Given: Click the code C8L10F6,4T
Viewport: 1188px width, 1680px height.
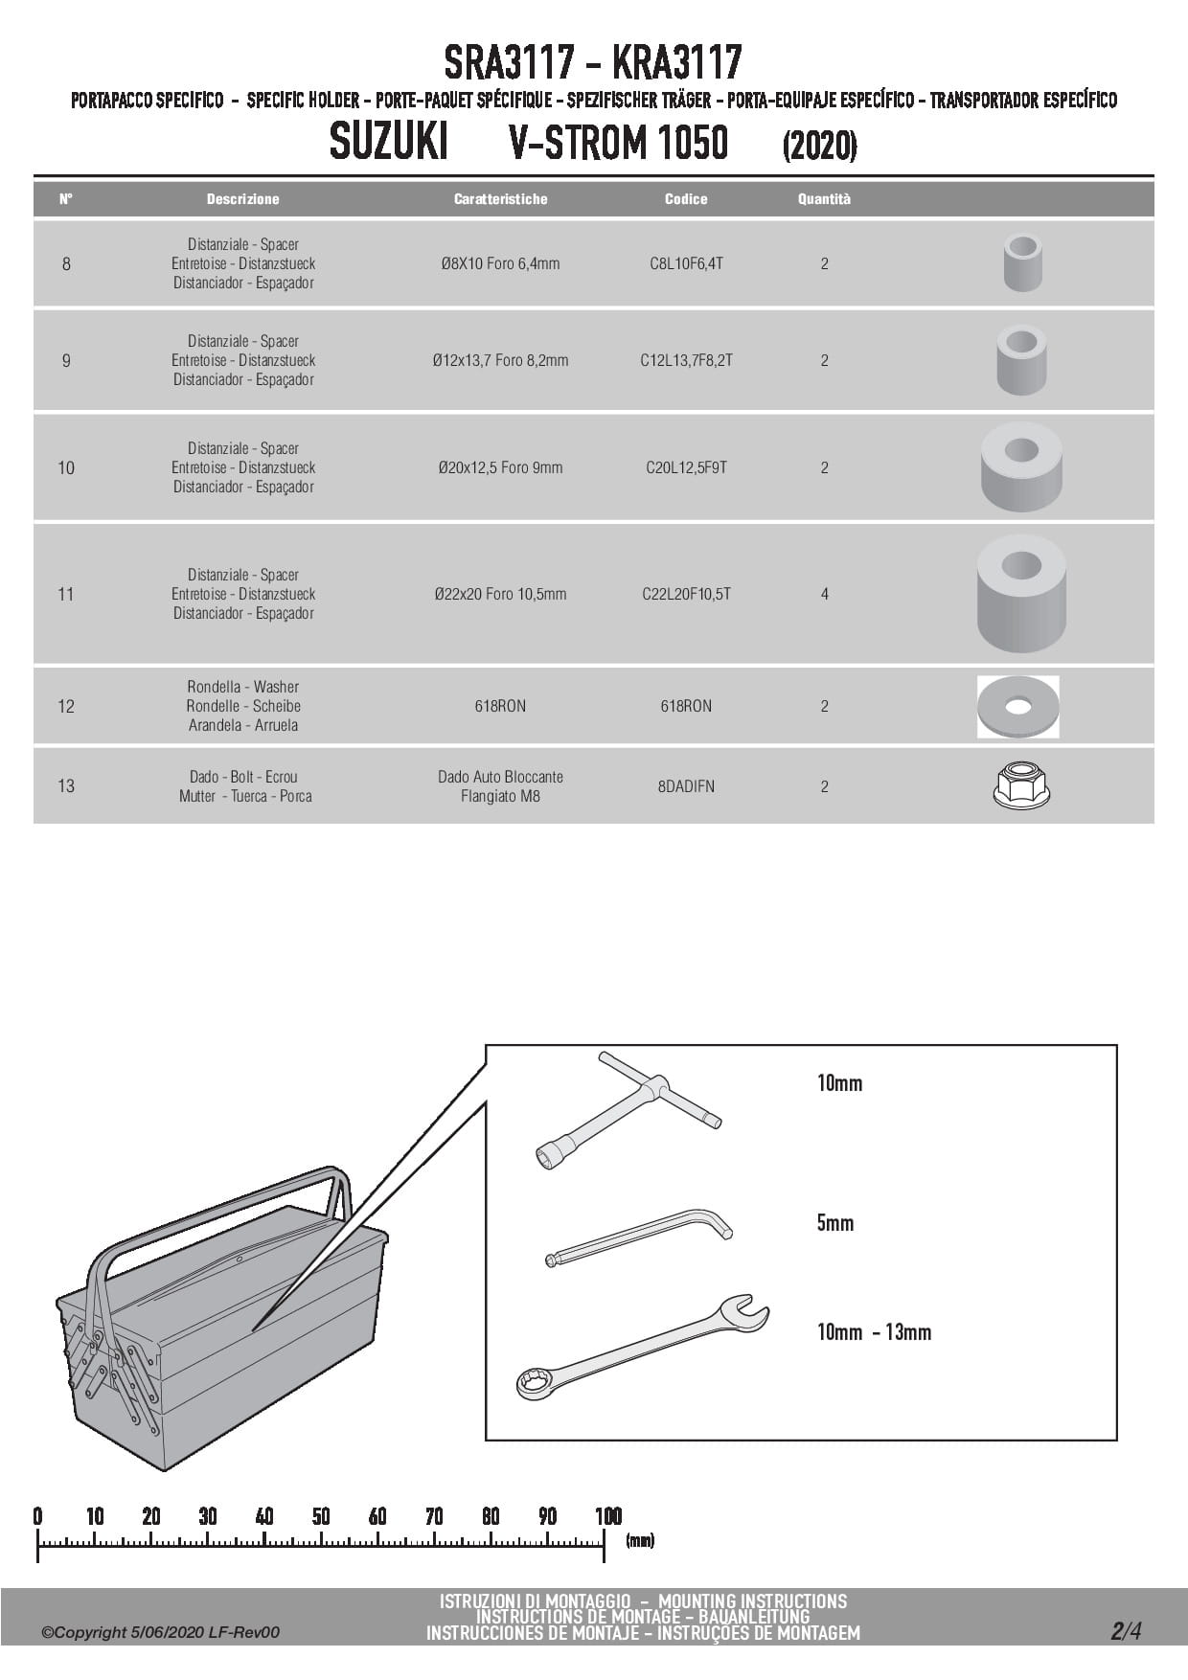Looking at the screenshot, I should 686,263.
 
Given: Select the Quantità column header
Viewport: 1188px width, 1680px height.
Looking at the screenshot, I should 824,199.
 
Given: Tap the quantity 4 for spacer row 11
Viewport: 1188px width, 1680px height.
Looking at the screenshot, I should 824,594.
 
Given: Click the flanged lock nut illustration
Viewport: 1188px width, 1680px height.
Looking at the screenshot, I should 1021,785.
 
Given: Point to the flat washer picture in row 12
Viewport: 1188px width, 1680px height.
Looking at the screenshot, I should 1018,707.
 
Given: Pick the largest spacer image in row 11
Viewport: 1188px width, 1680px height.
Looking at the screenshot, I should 1021,593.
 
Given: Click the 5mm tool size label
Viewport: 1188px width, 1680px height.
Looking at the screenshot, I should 834,1223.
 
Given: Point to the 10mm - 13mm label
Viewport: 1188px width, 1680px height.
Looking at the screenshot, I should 874,1332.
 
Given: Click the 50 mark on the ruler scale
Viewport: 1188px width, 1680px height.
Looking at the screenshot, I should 321,1516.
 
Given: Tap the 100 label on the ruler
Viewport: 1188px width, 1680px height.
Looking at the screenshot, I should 608,1516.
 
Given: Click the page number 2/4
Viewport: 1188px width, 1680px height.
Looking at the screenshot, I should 1126,1631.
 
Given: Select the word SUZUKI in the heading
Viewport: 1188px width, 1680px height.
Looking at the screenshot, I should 388,143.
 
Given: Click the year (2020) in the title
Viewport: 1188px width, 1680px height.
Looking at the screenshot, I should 819,146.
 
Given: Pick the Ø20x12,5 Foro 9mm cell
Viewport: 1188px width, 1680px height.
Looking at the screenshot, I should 500,467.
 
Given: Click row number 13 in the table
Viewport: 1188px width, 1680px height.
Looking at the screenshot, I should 66,786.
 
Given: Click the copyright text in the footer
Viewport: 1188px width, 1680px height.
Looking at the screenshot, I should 160,1632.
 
